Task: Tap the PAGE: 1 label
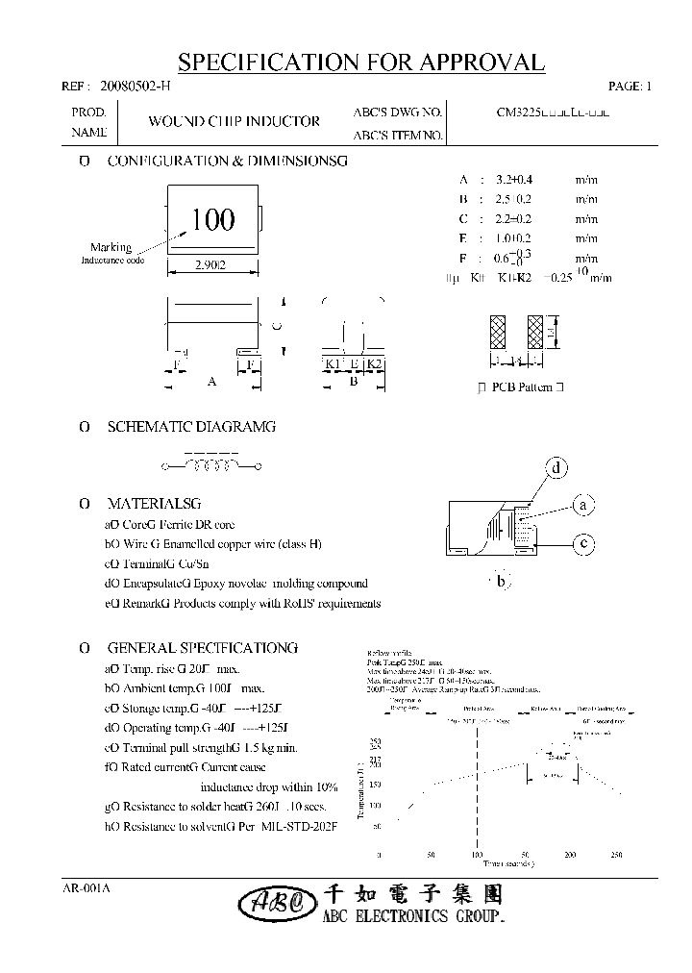[630, 87]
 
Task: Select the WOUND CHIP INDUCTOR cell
[234, 122]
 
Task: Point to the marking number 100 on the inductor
[212, 220]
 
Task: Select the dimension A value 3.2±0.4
[513, 180]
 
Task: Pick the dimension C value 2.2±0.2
[513, 218]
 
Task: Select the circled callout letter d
[556, 468]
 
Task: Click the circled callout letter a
[582, 505]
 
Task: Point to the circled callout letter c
[582, 544]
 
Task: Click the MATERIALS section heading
[154, 503]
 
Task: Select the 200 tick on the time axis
[571, 855]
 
